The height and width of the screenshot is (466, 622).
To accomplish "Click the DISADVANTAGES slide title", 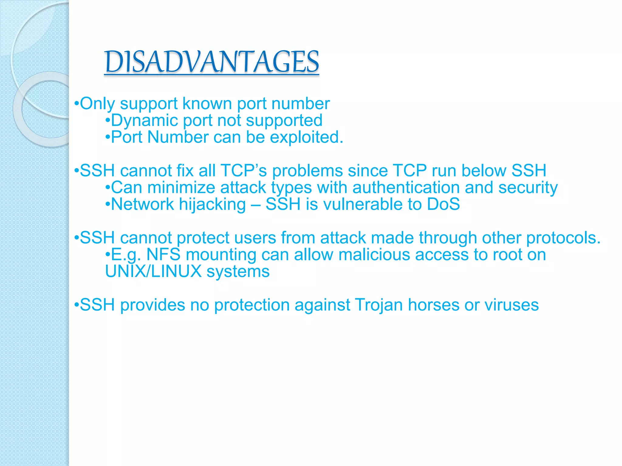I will pyautogui.click(x=211, y=62).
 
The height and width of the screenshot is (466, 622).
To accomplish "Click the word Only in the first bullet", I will pyautogui.click(x=97, y=104).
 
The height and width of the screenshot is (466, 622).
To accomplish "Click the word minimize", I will pyautogui.click(x=181, y=187).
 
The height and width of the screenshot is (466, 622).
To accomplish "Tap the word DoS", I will pyautogui.click(x=443, y=204).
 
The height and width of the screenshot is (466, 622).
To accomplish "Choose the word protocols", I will pyautogui.click(x=563, y=238).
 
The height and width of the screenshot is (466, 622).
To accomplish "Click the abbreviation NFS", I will pyautogui.click(x=163, y=255).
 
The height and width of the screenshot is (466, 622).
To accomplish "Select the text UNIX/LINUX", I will pyautogui.click(x=153, y=272).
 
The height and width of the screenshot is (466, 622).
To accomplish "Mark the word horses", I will pyautogui.click(x=433, y=305).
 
